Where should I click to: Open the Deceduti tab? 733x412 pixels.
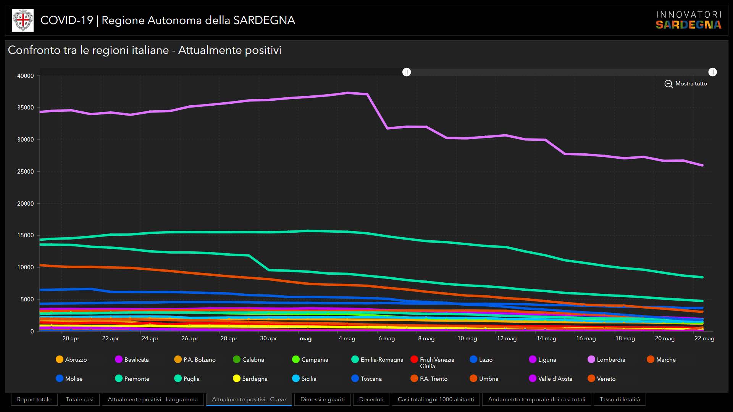(x=371, y=399)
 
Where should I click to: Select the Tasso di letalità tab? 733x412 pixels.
(x=619, y=399)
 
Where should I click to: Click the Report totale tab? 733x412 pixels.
(x=34, y=399)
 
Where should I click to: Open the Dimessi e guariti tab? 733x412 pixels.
(x=322, y=399)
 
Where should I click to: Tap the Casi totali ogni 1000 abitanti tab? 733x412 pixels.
(x=436, y=399)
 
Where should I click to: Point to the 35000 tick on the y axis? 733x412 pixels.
(x=26, y=108)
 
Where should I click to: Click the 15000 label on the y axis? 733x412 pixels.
(x=26, y=235)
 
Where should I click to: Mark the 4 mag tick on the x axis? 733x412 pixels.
(x=347, y=338)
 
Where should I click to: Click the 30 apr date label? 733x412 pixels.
(x=268, y=338)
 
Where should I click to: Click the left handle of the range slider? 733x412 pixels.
(x=407, y=72)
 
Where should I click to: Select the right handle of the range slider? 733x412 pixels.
(x=712, y=72)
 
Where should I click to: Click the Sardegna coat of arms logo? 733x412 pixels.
(x=23, y=20)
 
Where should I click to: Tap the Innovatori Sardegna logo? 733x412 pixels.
(x=688, y=20)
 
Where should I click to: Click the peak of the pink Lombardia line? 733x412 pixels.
(x=348, y=93)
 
